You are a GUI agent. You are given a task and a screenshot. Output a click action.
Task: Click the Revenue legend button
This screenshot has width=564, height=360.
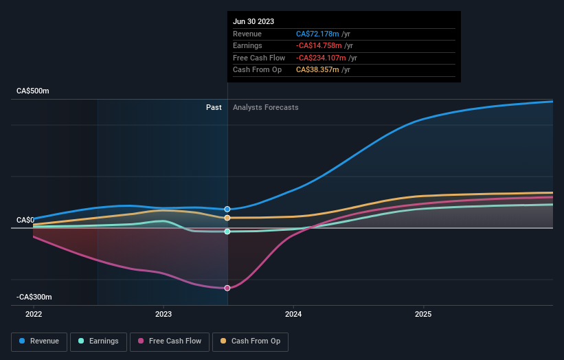coord(39,341)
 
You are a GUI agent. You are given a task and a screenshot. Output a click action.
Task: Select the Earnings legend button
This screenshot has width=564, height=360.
coord(98,341)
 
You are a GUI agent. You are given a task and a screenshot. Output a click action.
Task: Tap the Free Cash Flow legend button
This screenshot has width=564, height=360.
coord(170,341)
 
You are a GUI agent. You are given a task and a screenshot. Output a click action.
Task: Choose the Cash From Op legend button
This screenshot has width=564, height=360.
coord(251,341)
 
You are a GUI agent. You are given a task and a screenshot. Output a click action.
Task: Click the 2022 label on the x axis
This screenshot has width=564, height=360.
coord(33,314)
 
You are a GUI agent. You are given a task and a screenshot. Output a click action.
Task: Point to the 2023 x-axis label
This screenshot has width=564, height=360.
coord(163,314)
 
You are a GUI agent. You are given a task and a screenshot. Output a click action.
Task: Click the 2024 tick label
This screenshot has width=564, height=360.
coord(293,314)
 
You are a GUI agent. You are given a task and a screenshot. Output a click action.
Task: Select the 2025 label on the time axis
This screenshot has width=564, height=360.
coord(423,314)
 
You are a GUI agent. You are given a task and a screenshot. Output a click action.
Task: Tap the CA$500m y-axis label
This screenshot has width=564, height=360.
coord(33,91)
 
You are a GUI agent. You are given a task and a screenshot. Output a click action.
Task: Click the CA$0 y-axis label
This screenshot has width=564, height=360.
coord(25,220)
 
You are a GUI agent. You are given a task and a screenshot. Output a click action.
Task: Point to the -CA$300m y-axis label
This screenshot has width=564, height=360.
coord(34,297)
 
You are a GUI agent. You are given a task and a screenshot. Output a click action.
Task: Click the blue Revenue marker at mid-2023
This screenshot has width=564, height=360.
coord(227,209)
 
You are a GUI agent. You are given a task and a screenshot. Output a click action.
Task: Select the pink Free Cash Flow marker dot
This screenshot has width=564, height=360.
coord(227,288)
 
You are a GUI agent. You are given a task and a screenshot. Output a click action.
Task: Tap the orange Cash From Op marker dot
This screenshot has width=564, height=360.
coord(227,218)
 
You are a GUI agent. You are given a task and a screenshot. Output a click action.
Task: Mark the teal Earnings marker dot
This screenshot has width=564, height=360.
coord(227,232)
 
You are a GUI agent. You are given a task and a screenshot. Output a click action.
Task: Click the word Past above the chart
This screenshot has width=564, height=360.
coord(214,107)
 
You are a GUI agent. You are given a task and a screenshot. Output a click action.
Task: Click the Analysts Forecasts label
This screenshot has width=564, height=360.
coord(266,107)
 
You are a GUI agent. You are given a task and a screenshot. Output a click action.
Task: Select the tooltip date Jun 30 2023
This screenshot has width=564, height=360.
coord(253,21)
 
